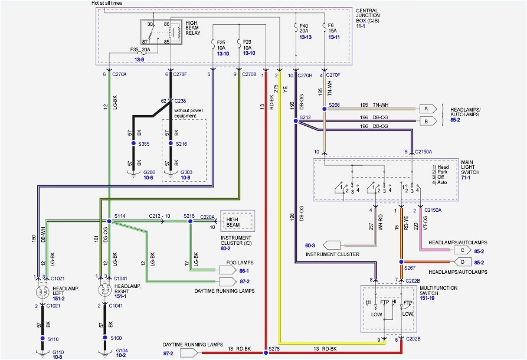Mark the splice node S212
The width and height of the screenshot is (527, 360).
(296, 120)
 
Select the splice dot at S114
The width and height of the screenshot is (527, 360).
(109, 221)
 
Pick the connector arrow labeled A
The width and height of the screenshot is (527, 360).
(424, 109)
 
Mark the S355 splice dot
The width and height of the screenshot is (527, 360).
(133, 143)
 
